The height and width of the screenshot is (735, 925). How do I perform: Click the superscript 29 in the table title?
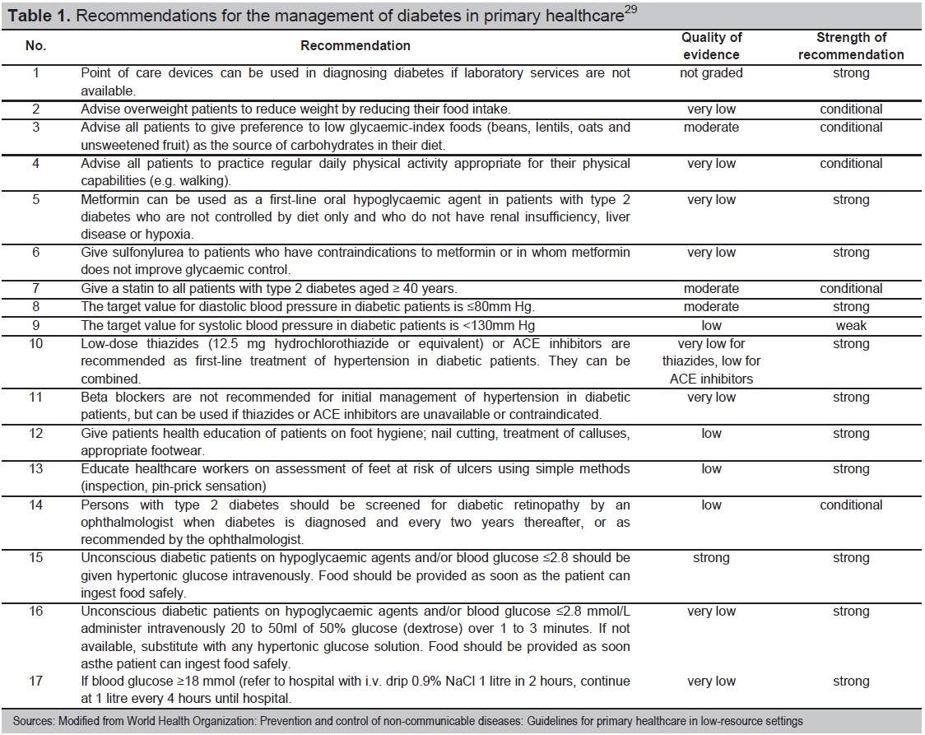pyautogui.click(x=630, y=10)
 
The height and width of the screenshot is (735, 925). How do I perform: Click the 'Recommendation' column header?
pyautogui.click(x=356, y=46)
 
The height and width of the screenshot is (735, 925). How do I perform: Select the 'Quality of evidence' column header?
pyautogui.click(x=711, y=46)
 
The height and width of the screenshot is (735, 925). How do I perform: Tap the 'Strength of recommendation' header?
pyautogui.click(x=851, y=46)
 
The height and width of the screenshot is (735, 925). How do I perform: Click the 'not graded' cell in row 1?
pyautogui.click(x=711, y=73)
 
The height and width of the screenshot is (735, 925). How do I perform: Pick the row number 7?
pyautogui.click(x=35, y=289)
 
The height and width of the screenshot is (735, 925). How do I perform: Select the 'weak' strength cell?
pyautogui.click(x=851, y=325)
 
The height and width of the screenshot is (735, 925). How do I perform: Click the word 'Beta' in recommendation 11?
pyautogui.click(x=95, y=398)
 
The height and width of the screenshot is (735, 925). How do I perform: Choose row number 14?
pyautogui.click(x=35, y=505)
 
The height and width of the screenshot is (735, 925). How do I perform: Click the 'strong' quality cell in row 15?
pyautogui.click(x=711, y=558)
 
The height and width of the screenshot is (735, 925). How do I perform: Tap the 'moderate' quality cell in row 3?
pyautogui.click(x=711, y=128)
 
